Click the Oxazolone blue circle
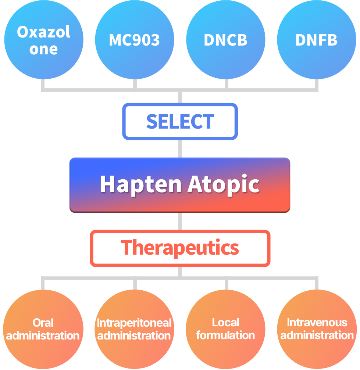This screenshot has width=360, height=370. click(44, 40)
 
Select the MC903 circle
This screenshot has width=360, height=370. click(135, 40)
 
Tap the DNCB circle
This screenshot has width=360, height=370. click(225, 40)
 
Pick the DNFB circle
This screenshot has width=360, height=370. click(317, 40)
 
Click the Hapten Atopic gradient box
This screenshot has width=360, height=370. click(180, 185)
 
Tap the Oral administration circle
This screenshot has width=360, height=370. click(43, 329)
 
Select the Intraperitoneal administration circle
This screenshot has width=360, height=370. click(135, 329)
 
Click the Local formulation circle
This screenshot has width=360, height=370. click(225, 329)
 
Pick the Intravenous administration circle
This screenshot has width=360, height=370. click(317, 329)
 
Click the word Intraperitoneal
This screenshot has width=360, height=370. click(134, 323)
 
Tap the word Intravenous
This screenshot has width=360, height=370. click(317, 322)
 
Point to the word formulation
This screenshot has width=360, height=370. click(225, 335)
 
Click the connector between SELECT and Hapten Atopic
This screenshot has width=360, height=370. click(180, 149)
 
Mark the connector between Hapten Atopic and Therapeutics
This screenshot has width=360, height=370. click(180, 221)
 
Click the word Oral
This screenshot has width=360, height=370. click(43, 323)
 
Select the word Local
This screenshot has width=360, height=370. click(225, 322)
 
